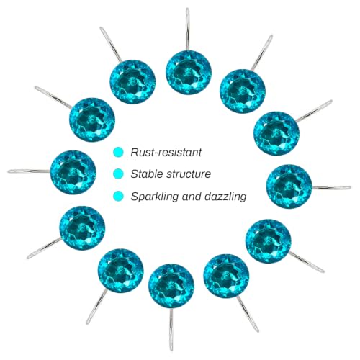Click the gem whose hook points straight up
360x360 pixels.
click(x=189, y=73)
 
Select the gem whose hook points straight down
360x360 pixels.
click(x=171, y=287)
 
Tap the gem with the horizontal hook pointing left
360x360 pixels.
click(x=73, y=172)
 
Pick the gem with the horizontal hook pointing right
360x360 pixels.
click(x=289, y=186)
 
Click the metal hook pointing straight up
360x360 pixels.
click(x=188, y=30)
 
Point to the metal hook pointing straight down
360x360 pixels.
click(x=171, y=330)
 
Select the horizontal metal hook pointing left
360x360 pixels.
click(x=29, y=171)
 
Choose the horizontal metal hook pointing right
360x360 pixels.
click(x=332, y=187)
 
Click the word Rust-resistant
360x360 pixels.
click(x=166, y=153)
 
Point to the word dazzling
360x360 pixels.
click(x=225, y=197)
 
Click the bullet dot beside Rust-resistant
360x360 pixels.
click(x=118, y=152)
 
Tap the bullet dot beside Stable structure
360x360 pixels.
click(x=118, y=174)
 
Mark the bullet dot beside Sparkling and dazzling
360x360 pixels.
click(x=118, y=196)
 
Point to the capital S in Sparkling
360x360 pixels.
click(x=135, y=197)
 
